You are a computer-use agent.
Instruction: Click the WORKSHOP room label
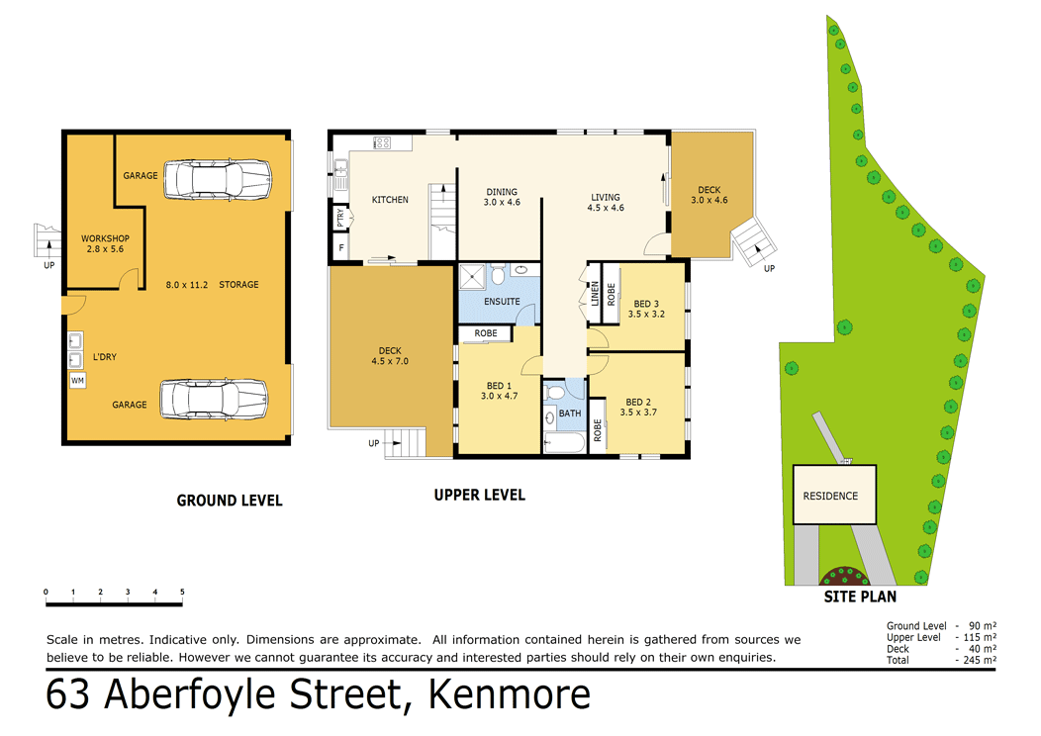(105, 238)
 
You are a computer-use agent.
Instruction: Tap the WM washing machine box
(77, 380)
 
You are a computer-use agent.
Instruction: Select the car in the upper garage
(218, 179)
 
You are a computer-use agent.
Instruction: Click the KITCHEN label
(390, 200)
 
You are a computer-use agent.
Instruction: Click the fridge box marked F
(341, 246)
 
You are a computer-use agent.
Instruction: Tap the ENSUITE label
(502, 302)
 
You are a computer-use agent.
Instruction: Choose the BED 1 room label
(498, 386)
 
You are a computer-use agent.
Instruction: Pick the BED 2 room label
(638, 402)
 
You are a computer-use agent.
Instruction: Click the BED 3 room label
(646, 304)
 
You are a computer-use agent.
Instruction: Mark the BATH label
(569, 414)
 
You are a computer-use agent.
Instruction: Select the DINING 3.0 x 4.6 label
(501, 198)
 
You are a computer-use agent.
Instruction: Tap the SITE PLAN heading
(860, 598)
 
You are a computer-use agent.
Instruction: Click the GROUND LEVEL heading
(230, 501)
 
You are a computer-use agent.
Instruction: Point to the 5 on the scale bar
(182, 593)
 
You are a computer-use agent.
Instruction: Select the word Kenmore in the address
(509, 695)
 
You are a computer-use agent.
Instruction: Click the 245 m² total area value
(978, 660)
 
